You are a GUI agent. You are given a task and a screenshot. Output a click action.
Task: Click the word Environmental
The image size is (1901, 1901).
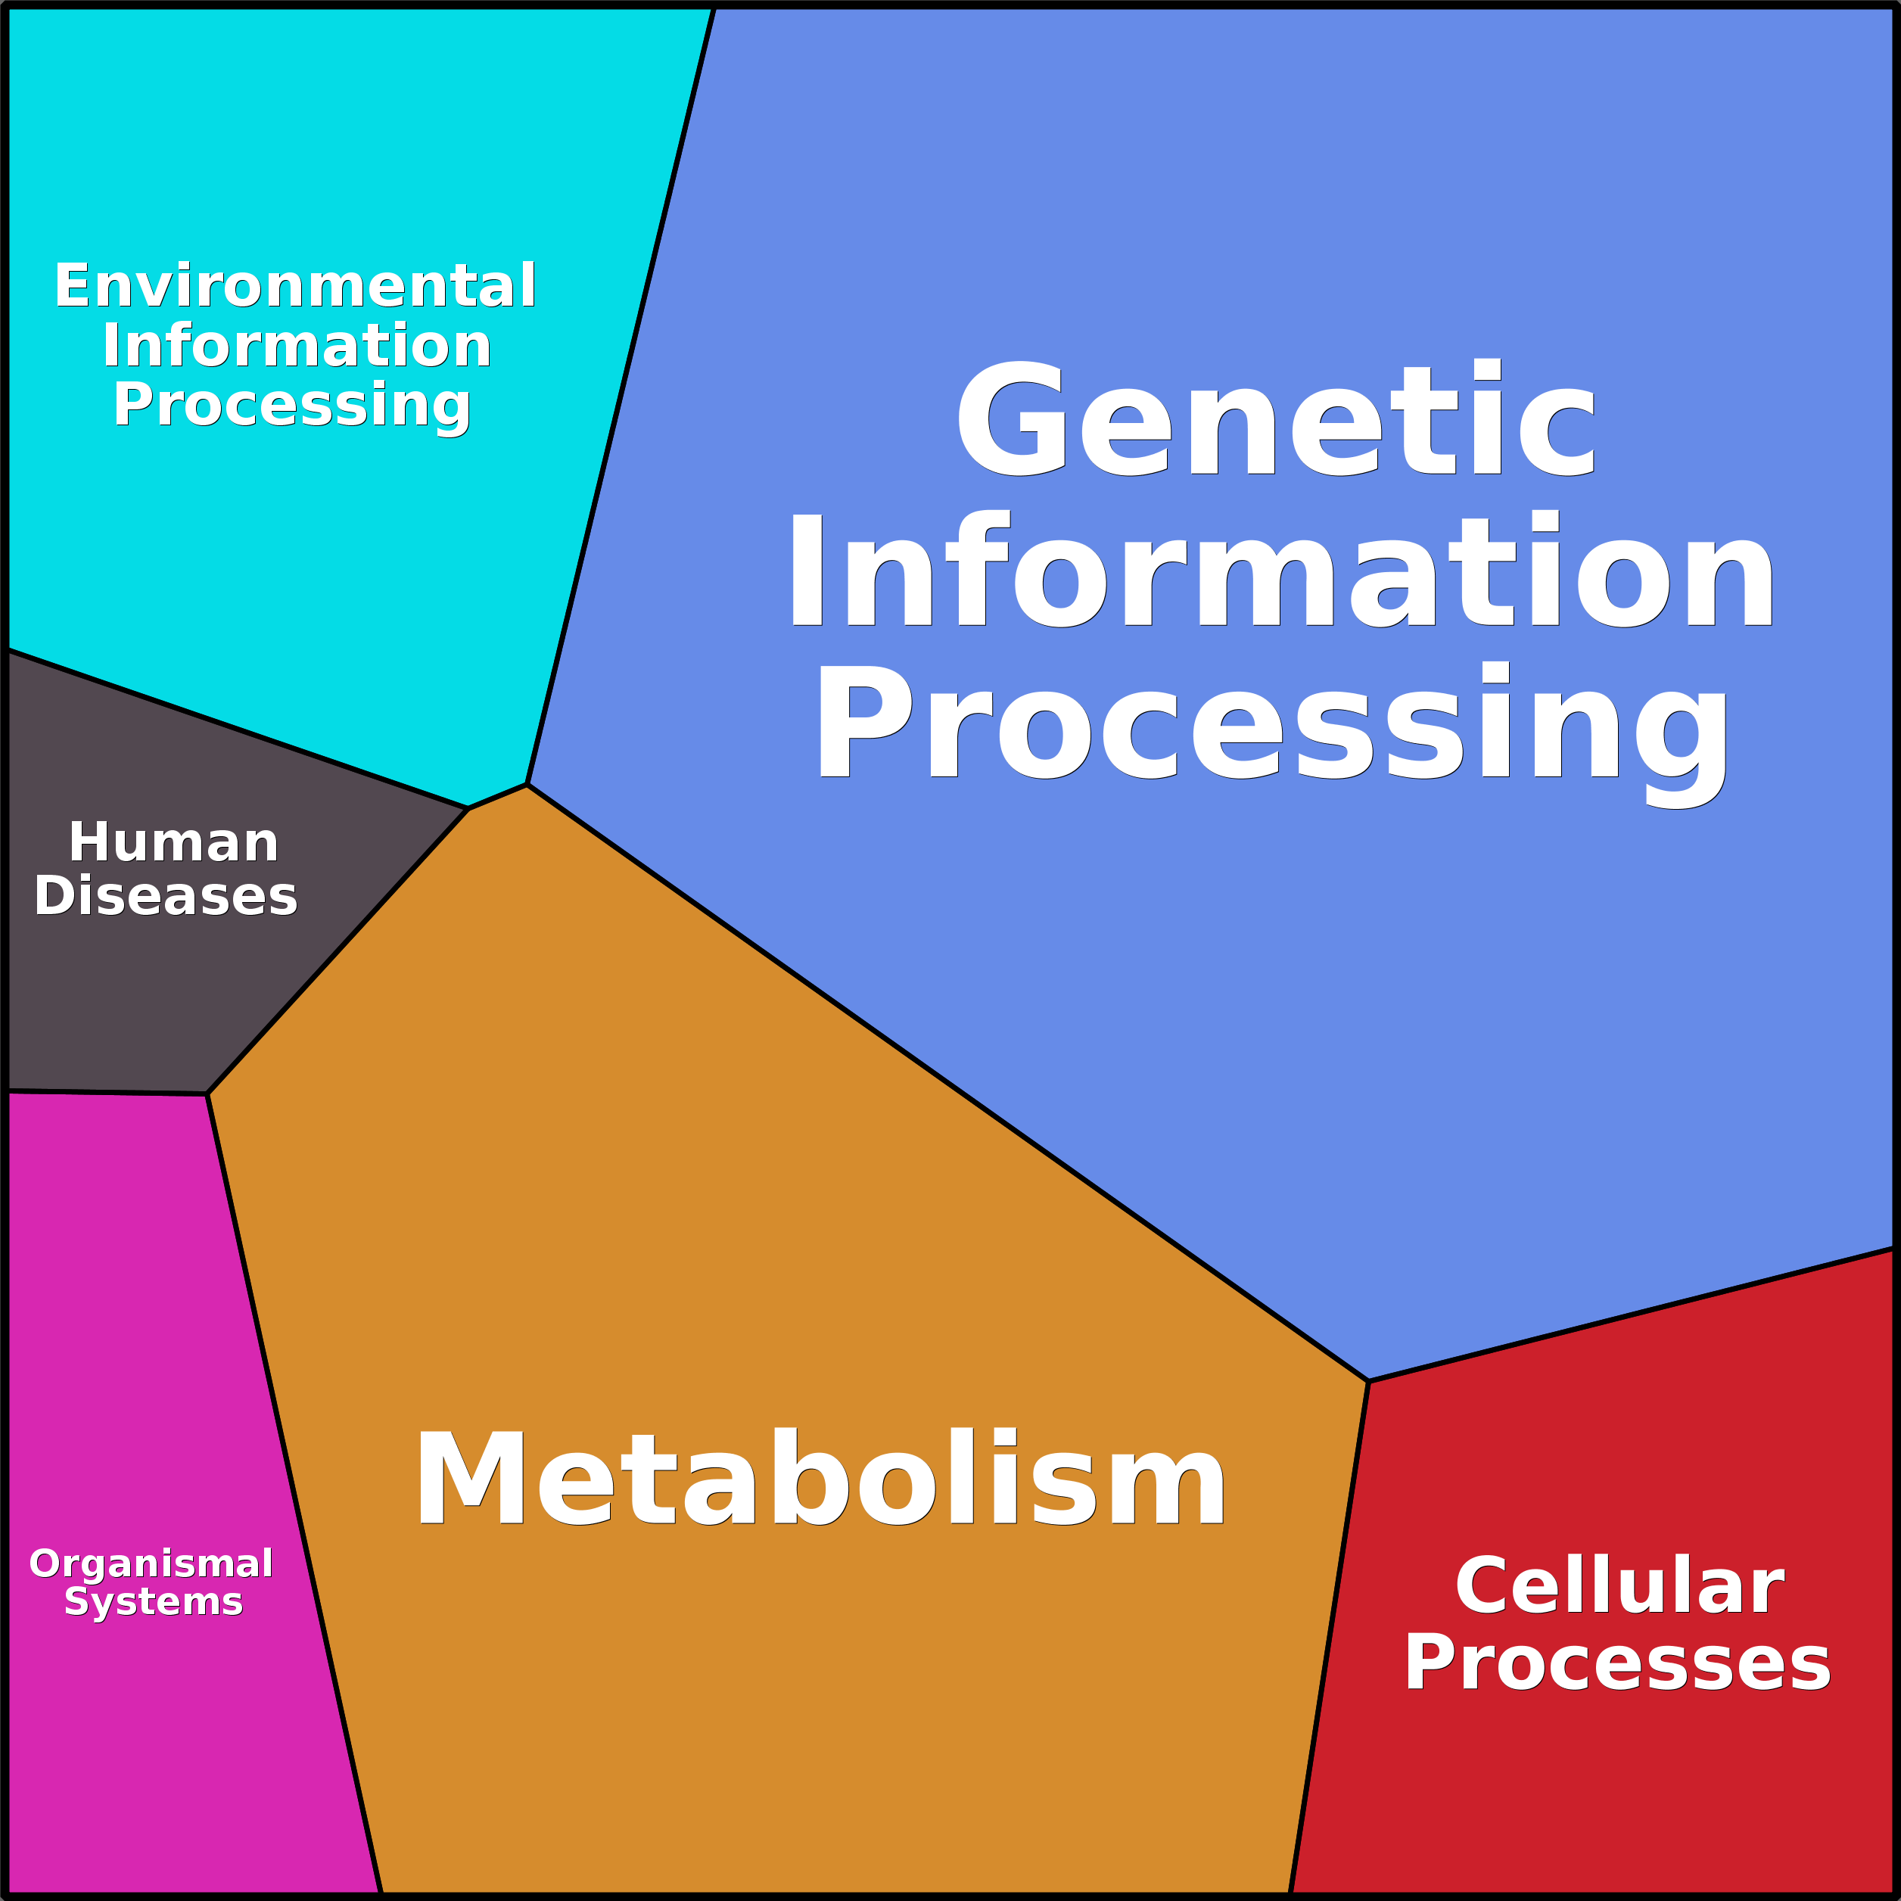tap(295, 285)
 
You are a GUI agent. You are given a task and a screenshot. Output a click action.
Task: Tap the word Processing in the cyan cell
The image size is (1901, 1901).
tap(291, 407)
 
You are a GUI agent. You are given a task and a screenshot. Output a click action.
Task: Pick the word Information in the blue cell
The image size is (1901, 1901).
tap(1280, 569)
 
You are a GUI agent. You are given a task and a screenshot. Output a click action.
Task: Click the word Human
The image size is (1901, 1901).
tap(174, 843)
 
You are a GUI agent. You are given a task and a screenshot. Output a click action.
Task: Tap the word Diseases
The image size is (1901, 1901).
tap(165, 896)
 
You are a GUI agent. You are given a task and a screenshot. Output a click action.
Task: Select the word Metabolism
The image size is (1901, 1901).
tap(820, 1476)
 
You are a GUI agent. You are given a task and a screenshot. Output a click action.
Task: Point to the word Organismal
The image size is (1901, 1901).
tap(151, 1564)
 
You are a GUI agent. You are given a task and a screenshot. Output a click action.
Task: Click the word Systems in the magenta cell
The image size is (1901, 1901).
tap(154, 1603)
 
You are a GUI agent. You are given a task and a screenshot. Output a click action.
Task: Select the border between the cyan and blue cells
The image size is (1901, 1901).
tap(621, 397)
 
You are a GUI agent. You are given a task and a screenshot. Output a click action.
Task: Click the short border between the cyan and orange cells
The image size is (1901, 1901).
tap(498, 797)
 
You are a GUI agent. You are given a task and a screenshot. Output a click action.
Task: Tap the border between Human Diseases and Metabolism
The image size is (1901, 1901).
tap(338, 951)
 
